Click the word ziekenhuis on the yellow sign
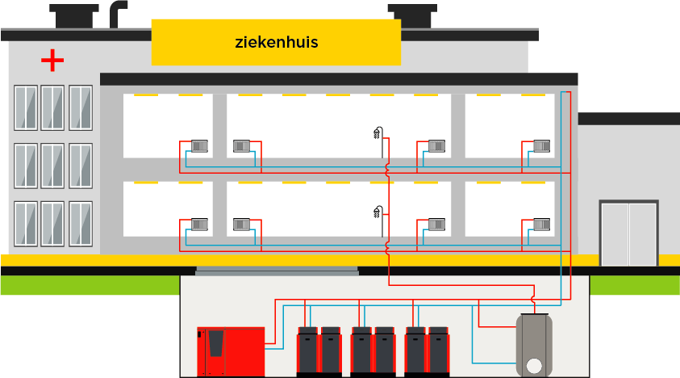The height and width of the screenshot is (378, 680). point(276,42)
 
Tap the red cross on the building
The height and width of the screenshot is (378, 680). point(52,60)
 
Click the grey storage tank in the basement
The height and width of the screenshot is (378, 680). point(534,345)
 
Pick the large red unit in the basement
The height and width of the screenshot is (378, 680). point(231,351)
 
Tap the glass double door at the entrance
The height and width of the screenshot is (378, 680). point(628,233)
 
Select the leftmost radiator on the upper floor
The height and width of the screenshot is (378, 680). point(199,146)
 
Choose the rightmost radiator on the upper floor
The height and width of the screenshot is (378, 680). point(541,146)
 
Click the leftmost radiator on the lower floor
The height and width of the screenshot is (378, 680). point(199,224)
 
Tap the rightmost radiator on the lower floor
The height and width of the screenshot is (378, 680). point(541,224)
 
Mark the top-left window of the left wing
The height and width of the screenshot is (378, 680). point(25,107)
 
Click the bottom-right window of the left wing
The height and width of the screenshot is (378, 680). point(81,223)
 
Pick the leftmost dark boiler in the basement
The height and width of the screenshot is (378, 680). point(307,351)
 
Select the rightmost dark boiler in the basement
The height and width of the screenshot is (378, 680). point(438,351)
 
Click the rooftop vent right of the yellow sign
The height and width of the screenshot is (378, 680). point(412,15)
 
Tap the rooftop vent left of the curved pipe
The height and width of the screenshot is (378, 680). point(74,15)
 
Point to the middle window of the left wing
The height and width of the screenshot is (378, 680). point(52,165)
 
